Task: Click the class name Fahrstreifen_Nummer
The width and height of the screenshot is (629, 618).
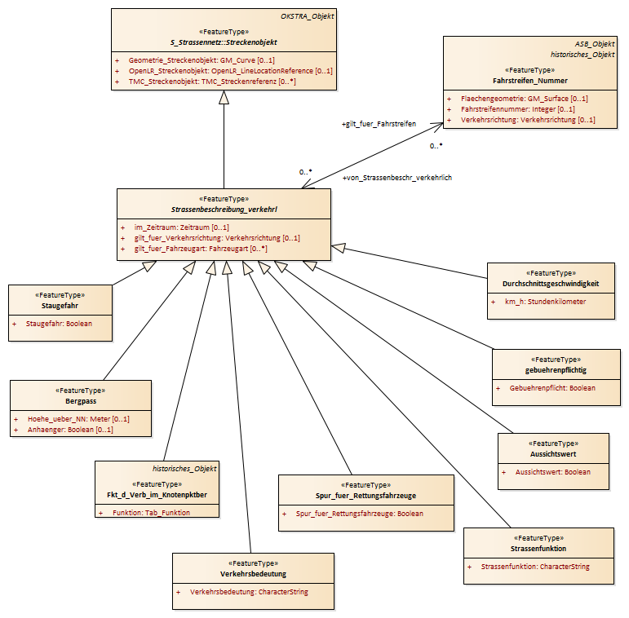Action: (x=530, y=81)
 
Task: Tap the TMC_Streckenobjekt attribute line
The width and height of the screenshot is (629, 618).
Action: (x=212, y=82)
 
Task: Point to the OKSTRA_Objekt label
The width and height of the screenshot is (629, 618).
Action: (x=308, y=16)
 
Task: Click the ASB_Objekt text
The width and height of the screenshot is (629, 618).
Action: (x=595, y=44)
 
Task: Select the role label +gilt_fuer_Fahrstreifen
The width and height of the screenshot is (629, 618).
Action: (x=379, y=124)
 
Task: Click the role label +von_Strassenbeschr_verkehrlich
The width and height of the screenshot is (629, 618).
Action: (x=397, y=178)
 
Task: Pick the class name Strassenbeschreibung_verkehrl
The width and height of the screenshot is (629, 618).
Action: (x=224, y=210)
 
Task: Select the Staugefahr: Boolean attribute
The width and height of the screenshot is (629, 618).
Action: (x=59, y=324)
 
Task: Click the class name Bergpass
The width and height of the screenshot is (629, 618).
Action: (x=81, y=401)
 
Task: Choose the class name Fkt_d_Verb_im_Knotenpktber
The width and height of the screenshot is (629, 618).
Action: (x=157, y=495)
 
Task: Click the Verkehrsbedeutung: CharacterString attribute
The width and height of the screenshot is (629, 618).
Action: (x=249, y=592)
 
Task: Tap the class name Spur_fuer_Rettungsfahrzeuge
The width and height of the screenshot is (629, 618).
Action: (x=365, y=496)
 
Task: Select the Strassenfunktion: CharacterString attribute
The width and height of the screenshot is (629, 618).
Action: (x=535, y=567)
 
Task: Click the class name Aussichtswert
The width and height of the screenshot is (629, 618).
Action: (x=553, y=453)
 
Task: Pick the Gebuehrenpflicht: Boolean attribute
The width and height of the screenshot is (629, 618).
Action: (x=552, y=388)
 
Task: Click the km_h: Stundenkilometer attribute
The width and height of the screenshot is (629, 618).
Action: (x=545, y=302)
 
